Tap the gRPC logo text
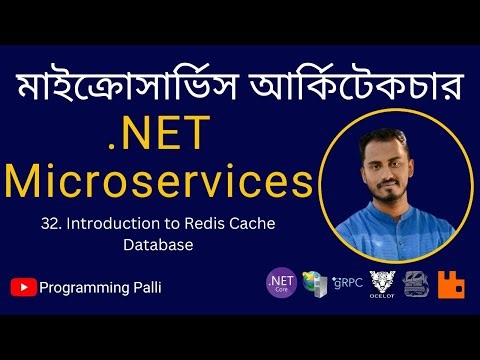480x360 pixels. [346, 284]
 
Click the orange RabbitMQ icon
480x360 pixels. [451, 285]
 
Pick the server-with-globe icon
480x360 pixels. [314, 285]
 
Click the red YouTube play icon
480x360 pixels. [23, 287]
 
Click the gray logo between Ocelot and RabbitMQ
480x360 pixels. [417, 285]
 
